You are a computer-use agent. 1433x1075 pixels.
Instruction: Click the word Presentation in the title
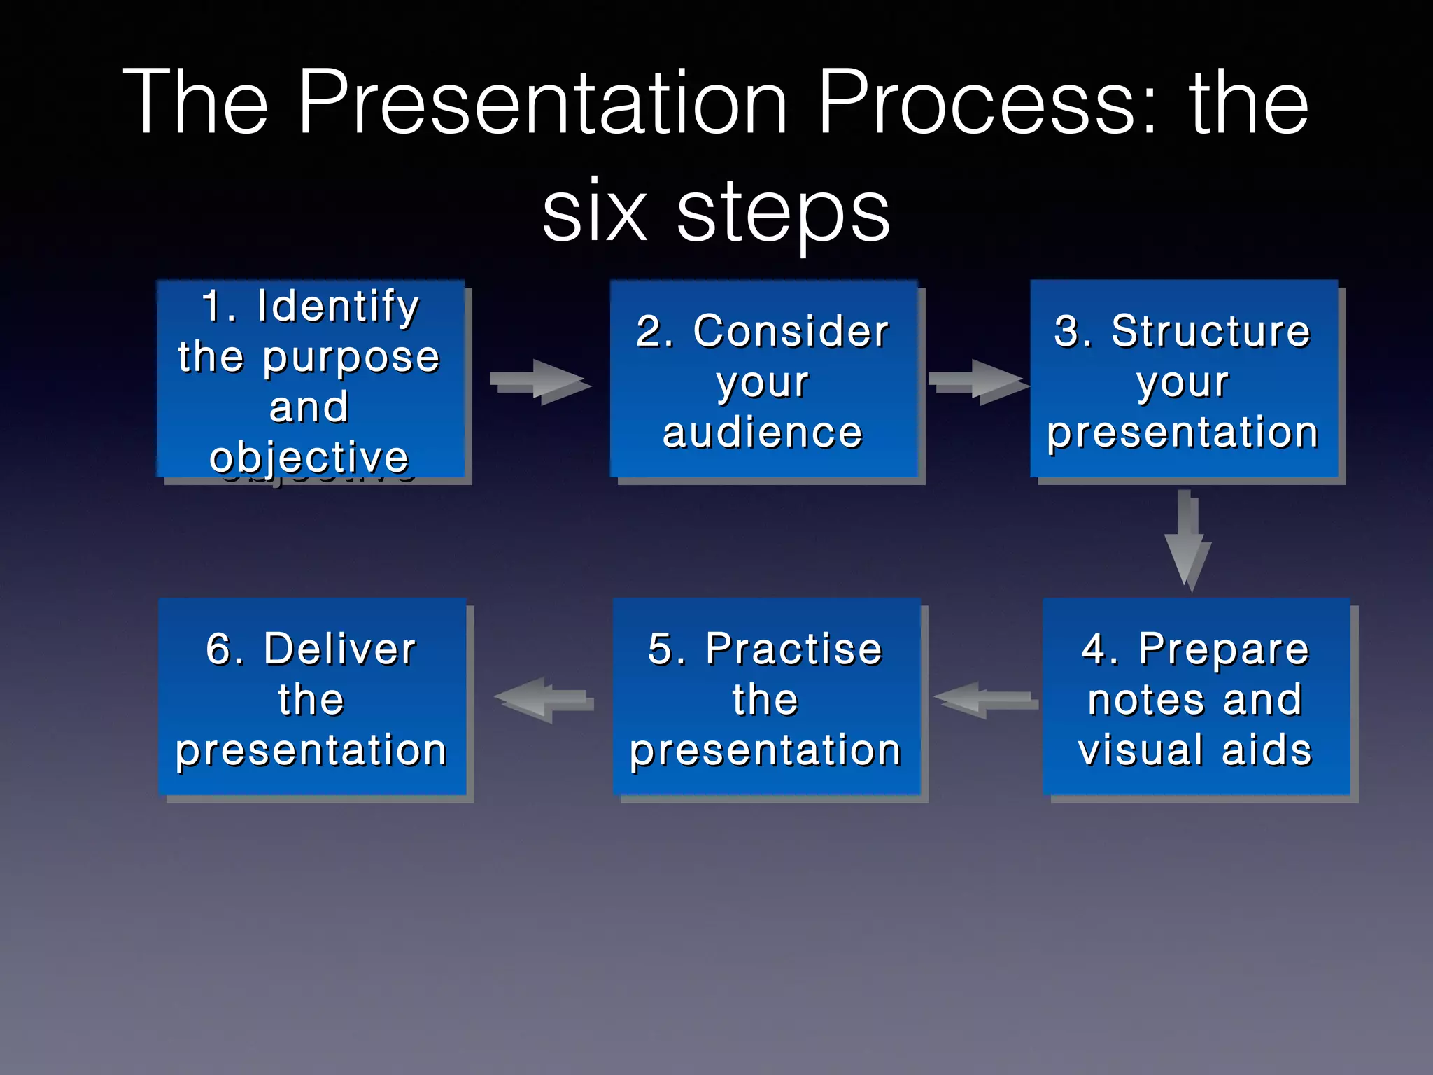coord(544,104)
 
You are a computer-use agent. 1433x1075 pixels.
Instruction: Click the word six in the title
coord(595,210)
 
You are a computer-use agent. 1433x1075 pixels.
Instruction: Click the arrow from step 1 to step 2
coord(539,381)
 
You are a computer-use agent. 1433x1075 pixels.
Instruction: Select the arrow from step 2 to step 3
coord(977,381)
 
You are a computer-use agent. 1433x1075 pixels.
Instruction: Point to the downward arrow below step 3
coord(1187,539)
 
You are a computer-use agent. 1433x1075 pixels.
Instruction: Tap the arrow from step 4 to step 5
coord(985,699)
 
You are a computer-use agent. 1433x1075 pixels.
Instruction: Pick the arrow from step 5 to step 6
coord(544,699)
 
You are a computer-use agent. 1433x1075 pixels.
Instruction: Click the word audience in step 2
coord(763,433)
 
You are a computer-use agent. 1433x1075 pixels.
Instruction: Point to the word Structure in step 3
coord(1210,330)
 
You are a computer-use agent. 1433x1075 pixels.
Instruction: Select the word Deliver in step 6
coord(339,649)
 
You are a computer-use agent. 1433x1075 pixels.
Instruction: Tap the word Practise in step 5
coord(793,649)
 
